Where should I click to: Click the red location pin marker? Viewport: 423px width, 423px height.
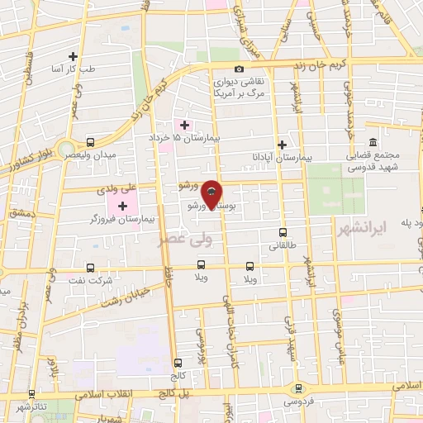(211, 193)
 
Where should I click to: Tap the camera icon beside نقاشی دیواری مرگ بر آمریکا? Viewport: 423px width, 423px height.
(240, 69)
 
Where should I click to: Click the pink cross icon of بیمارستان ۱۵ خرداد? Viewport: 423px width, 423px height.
(184, 125)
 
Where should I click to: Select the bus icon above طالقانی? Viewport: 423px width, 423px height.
(283, 233)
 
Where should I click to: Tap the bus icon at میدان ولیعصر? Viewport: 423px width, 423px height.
(90, 142)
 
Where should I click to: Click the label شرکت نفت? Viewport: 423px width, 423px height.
(95, 281)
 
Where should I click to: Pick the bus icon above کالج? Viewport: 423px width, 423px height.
(178, 362)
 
